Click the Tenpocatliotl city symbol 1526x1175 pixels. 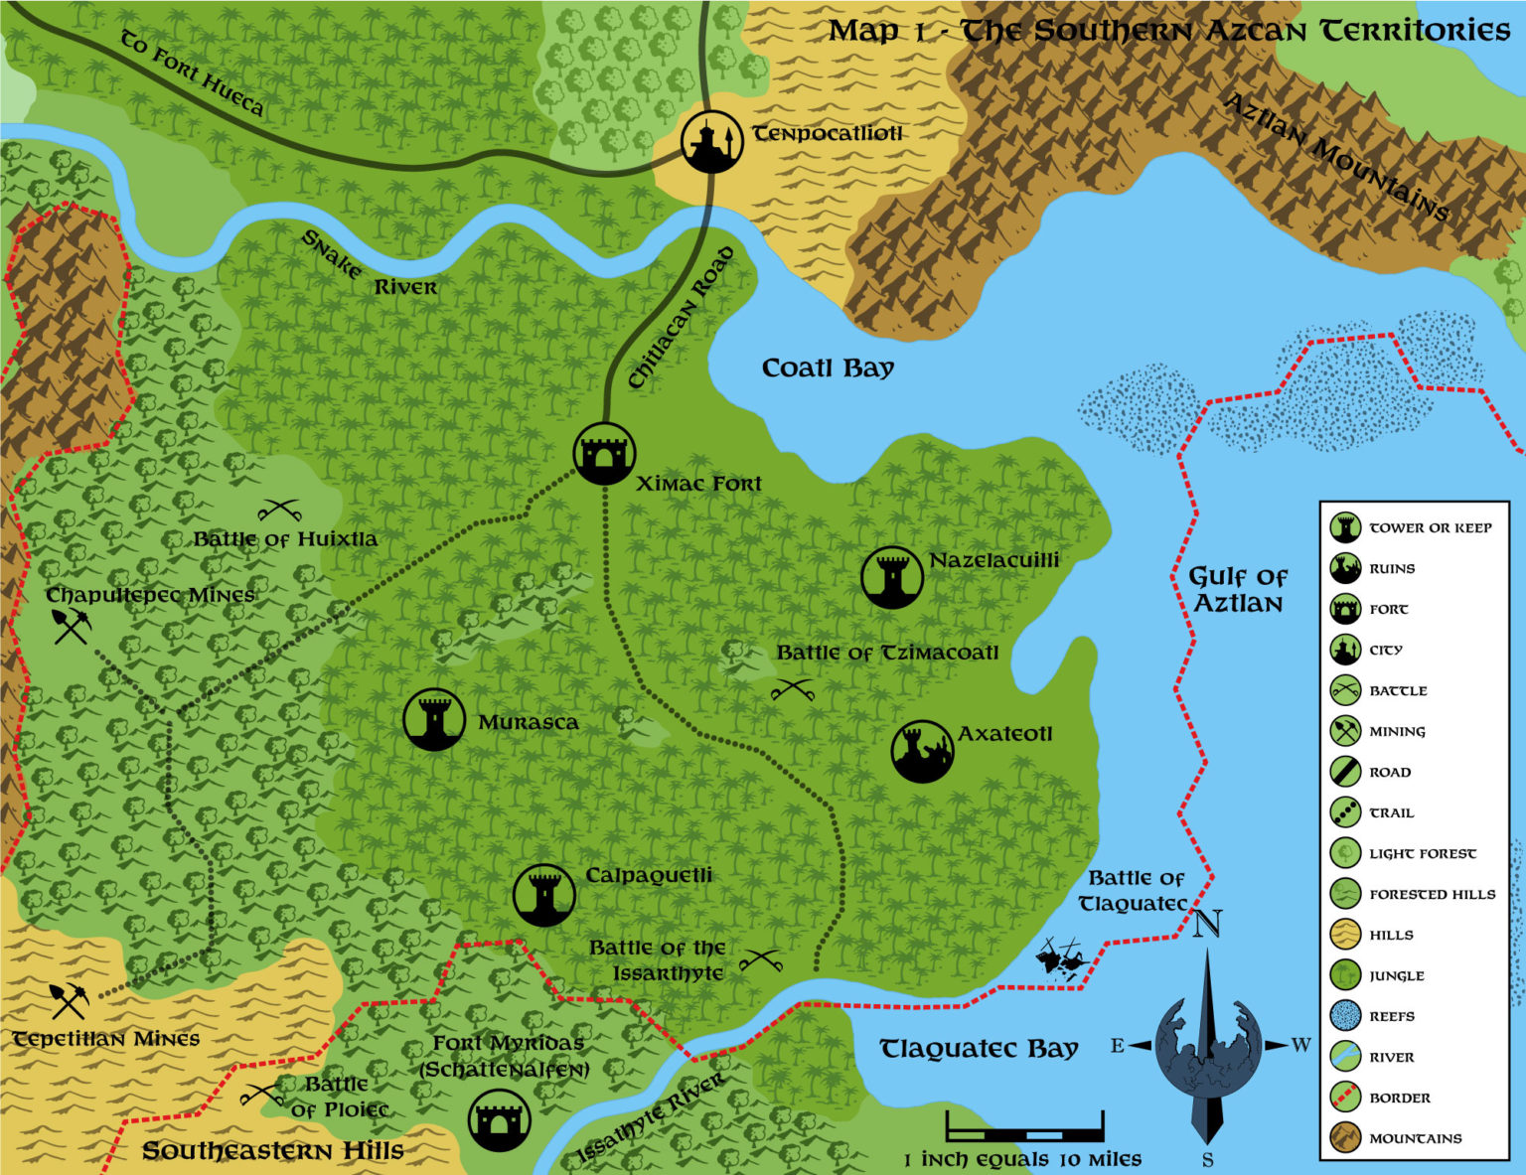[x=712, y=141]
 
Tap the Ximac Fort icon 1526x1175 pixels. [x=604, y=454]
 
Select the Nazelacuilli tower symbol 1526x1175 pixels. [x=891, y=577]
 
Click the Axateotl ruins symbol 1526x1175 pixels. [x=922, y=752]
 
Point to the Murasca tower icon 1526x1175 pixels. [x=434, y=719]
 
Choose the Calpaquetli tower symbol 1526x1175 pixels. [x=543, y=894]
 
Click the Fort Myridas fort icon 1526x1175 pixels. [x=499, y=1119]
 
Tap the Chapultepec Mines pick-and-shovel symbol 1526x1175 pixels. [x=72, y=626]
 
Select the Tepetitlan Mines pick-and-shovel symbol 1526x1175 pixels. [x=69, y=1000]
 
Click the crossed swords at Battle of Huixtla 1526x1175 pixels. [x=279, y=511]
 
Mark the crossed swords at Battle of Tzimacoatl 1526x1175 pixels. [x=792, y=689]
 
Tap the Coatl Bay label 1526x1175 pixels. [x=828, y=368]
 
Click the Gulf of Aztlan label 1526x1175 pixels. [x=1237, y=590]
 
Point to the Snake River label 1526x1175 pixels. [x=369, y=266]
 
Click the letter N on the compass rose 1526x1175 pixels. [x=1206, y=925]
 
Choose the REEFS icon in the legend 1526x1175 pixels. [x=1345, y=1016]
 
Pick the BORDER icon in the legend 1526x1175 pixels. [x=1345, y=1098]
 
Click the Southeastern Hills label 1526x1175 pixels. [x=272, y=1151]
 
